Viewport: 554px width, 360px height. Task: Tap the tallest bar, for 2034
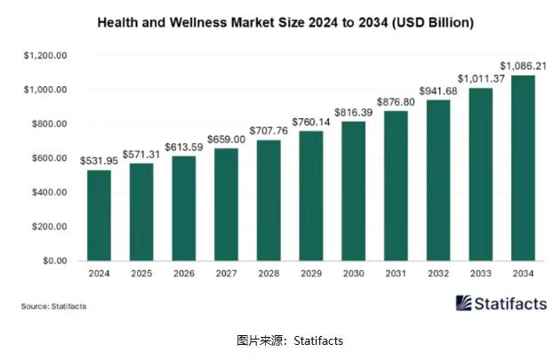pyautogui.click(x=523, y=168)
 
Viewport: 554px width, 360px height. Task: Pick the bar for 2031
pyautogui.click(x=396, y=186)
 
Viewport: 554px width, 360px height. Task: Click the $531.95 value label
pyautogui.click(x=99, y=160)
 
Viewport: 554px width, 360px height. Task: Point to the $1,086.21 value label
pyautogui.click(x=523, y=65)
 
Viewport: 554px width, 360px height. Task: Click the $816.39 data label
pyautogui.click(x=354, y=111)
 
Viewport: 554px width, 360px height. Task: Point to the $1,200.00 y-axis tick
pyautogui.click(x=45, y=55)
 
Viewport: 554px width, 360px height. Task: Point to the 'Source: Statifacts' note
pyautogui.click(x=54, y=307)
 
